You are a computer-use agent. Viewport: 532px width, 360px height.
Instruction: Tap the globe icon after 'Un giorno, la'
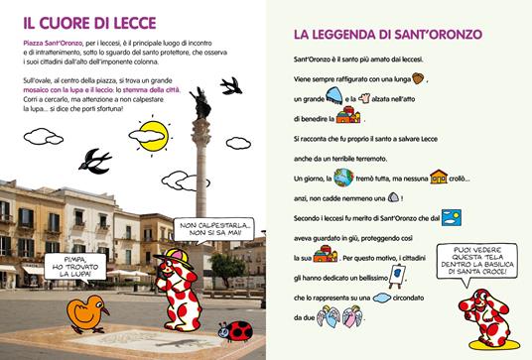pyautogui.click(x=344, y=178)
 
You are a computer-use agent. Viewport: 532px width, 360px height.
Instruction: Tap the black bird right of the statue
pyautogui.click(x=232, y=86)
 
